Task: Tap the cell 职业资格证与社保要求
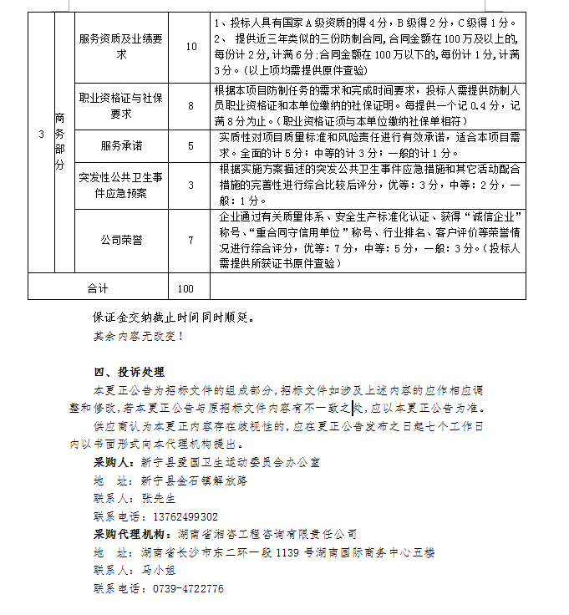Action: (x=121, y=105)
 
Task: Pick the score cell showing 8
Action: (x=191, y=105)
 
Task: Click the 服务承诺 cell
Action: (x=121, y=145)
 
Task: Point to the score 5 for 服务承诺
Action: (x=191, y=145)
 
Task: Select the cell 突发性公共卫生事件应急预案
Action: (x=121, y=186)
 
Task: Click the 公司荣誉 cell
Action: (x=121, y=240)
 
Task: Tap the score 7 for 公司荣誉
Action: (x=191, y=240)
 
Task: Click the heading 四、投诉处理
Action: (x=129, y=372)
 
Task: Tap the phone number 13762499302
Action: (x=179, y=516)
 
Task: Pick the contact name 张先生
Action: (x=158, y=498)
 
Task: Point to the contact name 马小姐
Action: (x=158, y=571)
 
